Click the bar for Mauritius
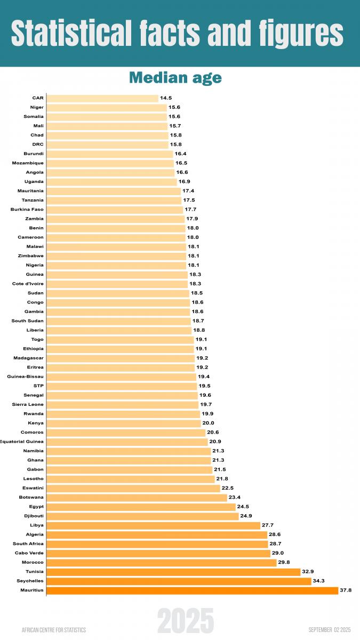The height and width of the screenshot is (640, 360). [192, 590]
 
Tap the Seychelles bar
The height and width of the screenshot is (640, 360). [179, 581]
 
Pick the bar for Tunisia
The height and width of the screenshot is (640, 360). [173, 572]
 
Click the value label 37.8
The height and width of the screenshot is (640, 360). [346, 590]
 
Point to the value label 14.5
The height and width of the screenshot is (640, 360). [165, 98]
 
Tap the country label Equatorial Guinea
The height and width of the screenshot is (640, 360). [22, 442]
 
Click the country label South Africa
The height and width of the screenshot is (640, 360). [28, 544]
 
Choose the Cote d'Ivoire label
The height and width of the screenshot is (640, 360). [28, 284]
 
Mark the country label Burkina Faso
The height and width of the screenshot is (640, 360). [27, 210]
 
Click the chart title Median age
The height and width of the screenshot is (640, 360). [175, 78]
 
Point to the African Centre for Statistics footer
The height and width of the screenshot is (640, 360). [54, 630]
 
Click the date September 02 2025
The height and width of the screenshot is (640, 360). [329, 630]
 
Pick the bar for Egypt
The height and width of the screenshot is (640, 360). [141, 507]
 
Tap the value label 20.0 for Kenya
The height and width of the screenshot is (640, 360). [208, 423]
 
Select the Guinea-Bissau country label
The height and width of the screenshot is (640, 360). [26, 377]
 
